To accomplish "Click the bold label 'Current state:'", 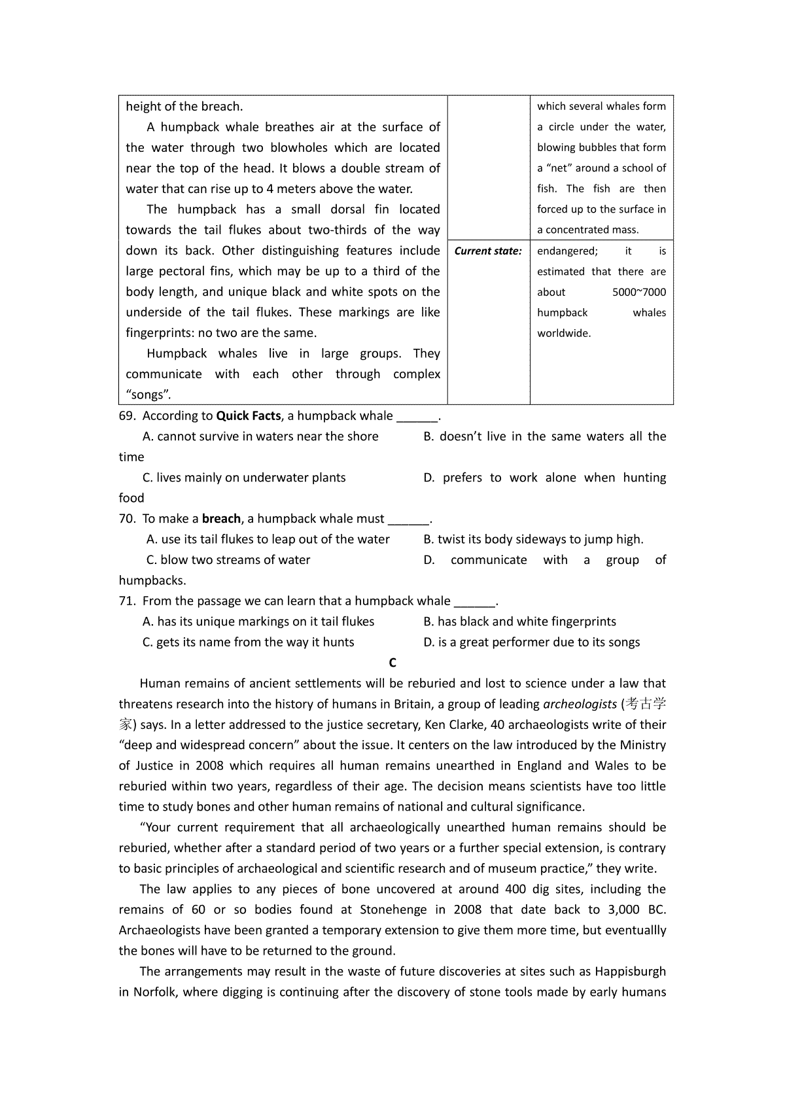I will pos(488,251).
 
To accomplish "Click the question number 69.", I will pos(126,416).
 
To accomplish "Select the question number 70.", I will pos(126,519).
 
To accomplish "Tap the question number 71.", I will pos(126,601).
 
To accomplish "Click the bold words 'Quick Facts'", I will pos(248,416).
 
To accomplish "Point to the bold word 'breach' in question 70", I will pos(221,519).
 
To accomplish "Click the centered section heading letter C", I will pos(392,663).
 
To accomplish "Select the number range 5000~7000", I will pos(638,292).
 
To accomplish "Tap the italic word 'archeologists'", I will pos(580,704).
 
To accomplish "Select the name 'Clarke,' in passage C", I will pos(481,724).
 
